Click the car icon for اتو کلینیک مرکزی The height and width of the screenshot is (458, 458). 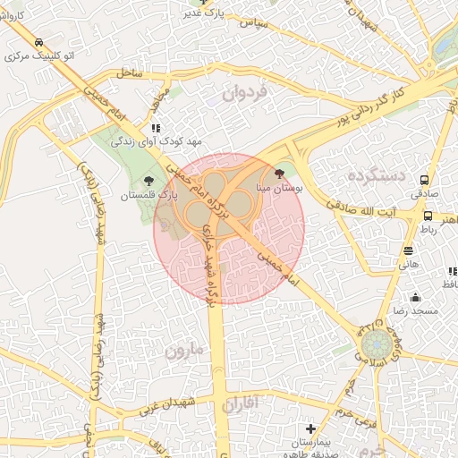click(38, 43)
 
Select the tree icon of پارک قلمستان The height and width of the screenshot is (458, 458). click(161, 180)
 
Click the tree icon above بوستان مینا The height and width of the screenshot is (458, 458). click(279, 174)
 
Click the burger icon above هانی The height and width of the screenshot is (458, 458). click(408, 251)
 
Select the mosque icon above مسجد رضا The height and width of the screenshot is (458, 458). click(415, 297)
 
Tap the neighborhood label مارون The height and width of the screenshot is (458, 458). click(185, 352)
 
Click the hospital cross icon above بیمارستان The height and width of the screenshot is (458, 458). click(310, 429)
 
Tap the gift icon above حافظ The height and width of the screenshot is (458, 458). click(447, 270)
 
